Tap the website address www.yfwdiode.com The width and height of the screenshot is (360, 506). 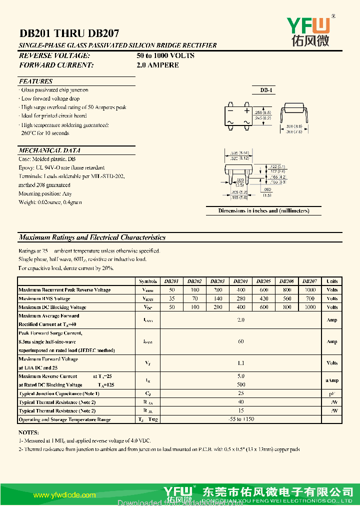coord(64,495)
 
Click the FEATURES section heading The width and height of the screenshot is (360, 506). coord(35,81)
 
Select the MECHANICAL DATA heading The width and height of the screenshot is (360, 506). coord(49,150)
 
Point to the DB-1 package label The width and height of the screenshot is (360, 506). coord(266,90)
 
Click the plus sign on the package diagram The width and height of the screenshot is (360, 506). coord(246,110)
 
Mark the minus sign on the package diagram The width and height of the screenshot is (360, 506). coord(230,110)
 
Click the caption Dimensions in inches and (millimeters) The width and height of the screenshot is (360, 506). coord(263,210)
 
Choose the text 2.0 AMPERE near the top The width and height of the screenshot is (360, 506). coord(157,65)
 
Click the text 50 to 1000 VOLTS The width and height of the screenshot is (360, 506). coord(165,55)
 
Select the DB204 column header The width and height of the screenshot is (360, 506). coord(240,281)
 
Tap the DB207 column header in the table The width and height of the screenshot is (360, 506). coord(309,281)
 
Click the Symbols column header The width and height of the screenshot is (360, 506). coord(148,281)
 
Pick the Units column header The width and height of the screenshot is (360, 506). coord(332,281)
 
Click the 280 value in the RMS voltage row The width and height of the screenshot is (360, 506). coord(240,298)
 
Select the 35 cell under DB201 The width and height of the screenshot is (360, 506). coord(172,298)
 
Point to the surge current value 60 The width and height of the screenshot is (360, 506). coord(240,341)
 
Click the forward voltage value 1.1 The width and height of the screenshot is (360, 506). coord(240,363)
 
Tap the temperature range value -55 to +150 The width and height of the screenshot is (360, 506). coord(240,419)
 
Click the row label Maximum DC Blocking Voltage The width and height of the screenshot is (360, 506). coord(52,307)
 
